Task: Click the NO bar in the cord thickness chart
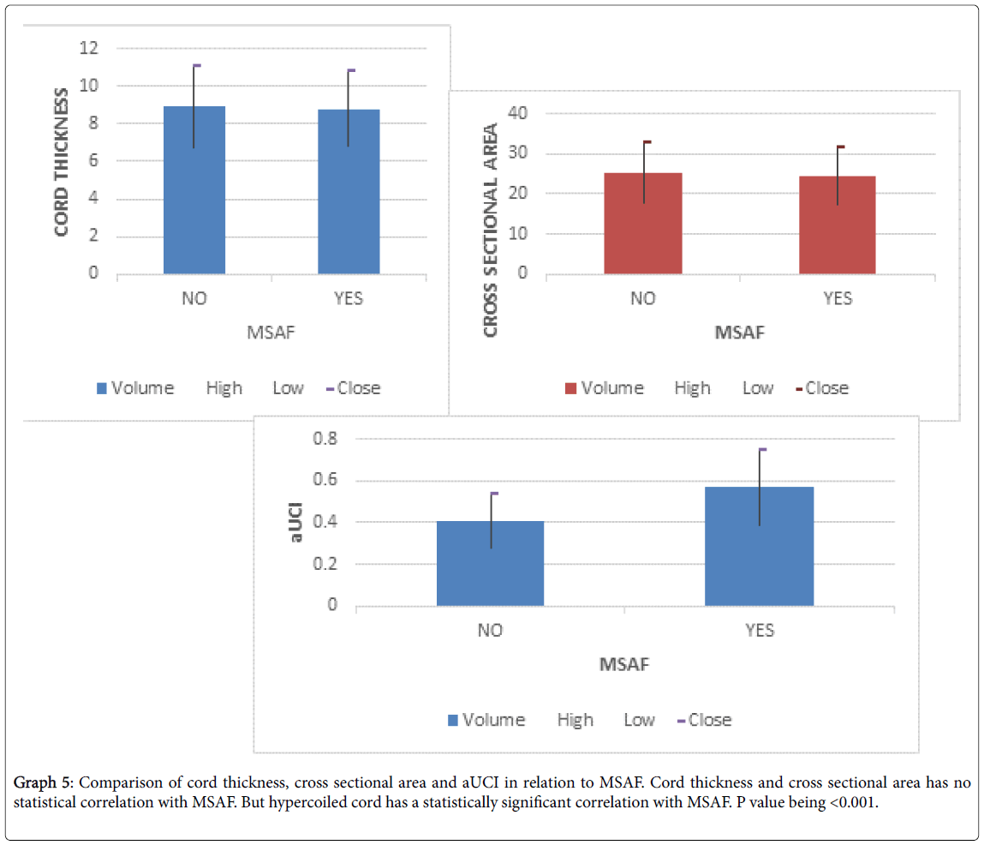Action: click(x=194, y=190)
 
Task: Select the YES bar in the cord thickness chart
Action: click(x=349, y=192)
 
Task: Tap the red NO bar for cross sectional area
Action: click(x=643, y=224)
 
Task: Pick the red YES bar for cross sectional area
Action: click(x=838, y=225)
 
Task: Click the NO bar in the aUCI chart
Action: click(x=490, y=563)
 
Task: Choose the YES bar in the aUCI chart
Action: click(x=759, y=546)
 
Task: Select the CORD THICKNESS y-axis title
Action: click(x=63, y=161)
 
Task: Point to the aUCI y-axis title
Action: click(x=296, y=522)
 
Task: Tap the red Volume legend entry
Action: click(x=604, y=388)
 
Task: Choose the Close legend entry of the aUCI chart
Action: click(x=704, y=720)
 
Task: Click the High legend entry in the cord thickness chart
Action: click(x=224, y=388)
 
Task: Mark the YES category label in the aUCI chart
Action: click(x=760, y=631)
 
